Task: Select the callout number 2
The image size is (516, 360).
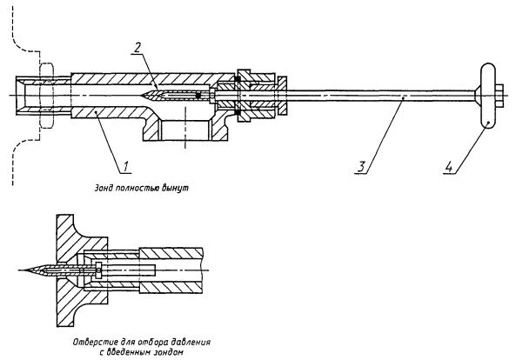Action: click(x=137, y=48)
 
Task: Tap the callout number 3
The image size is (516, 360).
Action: click(x=361, y=166)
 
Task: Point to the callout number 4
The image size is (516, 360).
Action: click(x=448, y=166)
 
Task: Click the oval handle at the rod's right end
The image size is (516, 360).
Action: click(x=487, y=96)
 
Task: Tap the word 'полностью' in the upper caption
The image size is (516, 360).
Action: click(x=137, y=189)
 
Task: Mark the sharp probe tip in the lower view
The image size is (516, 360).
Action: click(x=19, y=270)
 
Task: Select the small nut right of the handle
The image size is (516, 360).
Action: click(x=499, y=96)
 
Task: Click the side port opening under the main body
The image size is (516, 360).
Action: click(x=185, y=130)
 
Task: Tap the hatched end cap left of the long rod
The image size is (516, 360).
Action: click(x=282, y=96)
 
